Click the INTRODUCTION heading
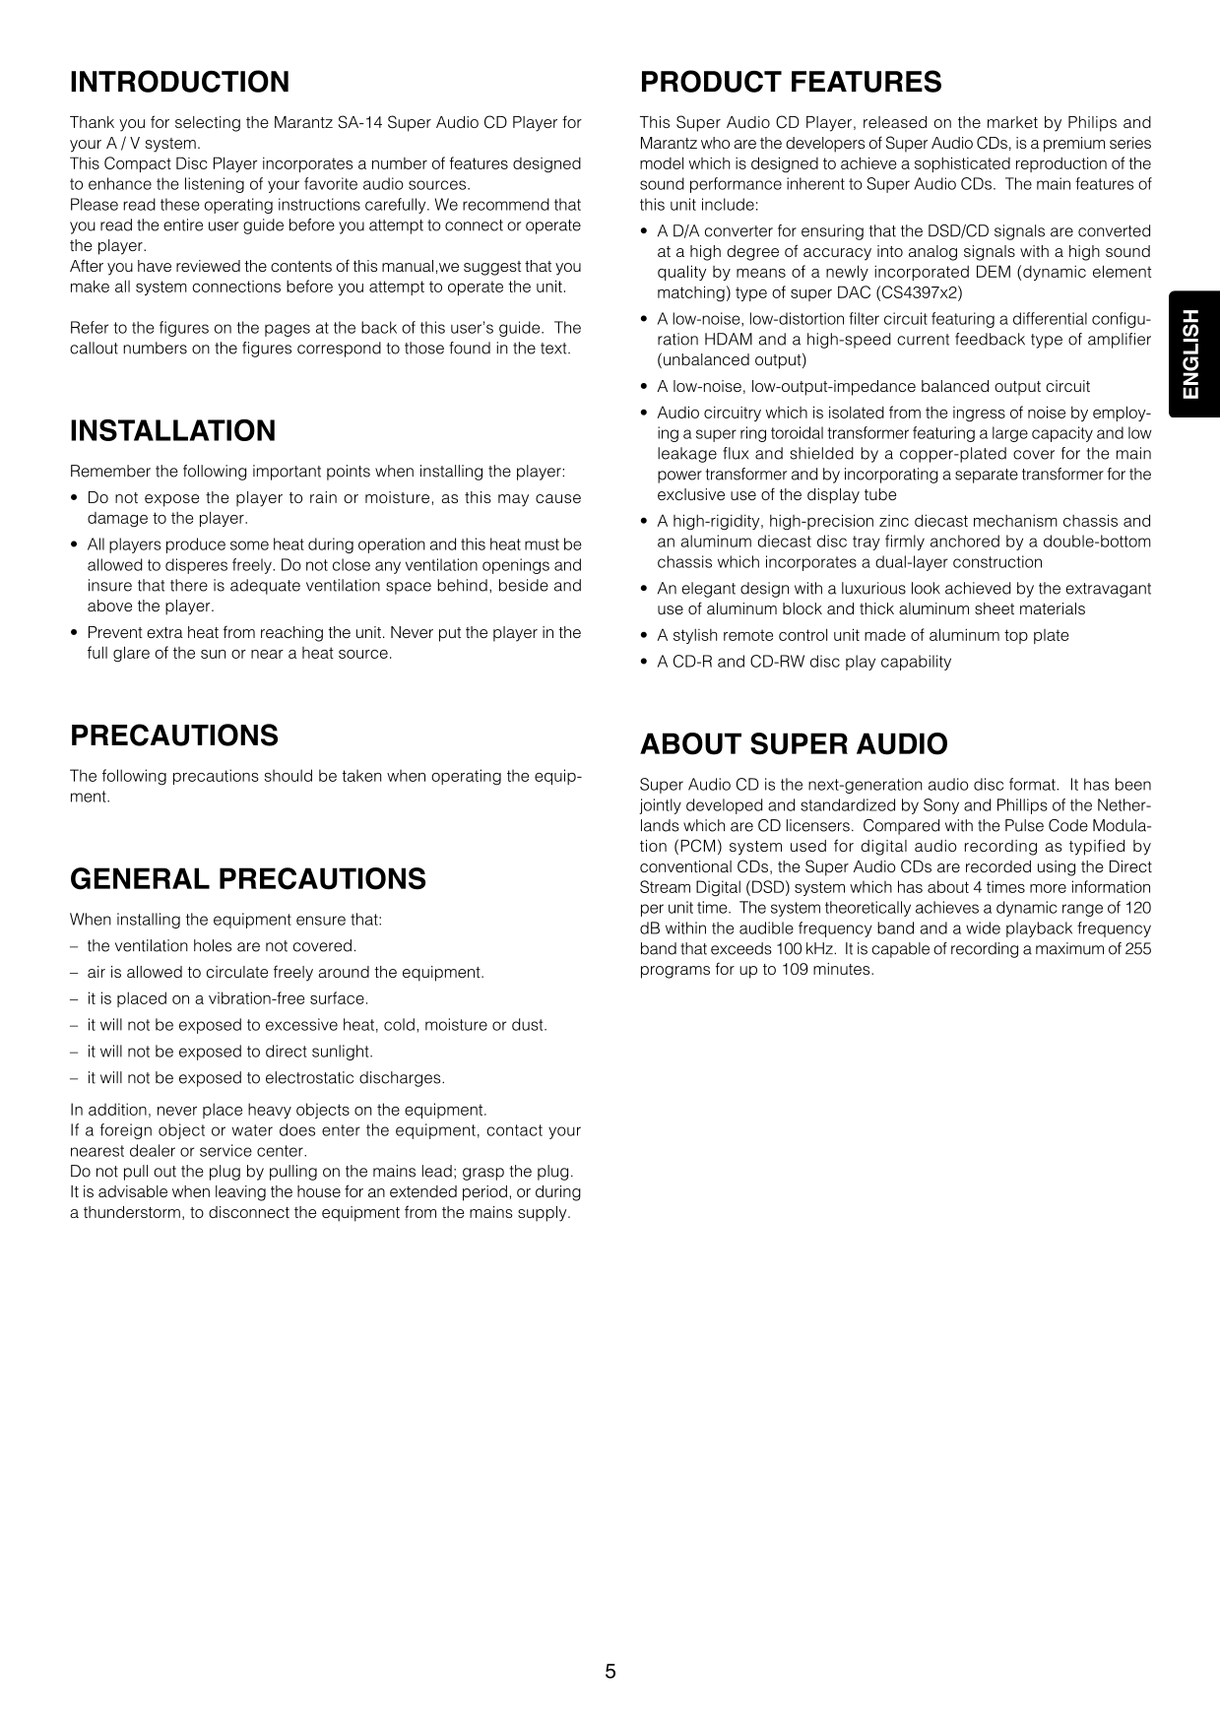[x=179, y=82]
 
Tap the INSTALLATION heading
[x=172, y=430]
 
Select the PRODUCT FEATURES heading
[x=791, y=82]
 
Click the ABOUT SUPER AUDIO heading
[x=794, y=743]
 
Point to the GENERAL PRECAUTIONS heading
[x=248, y=878]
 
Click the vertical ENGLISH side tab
[x=1192, y=354]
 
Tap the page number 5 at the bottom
[x=610, y=1671]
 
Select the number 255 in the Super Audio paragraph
[x=1137, y=949]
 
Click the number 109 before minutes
[x=795, y=970]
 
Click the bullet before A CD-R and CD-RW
[x=644, y=663]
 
